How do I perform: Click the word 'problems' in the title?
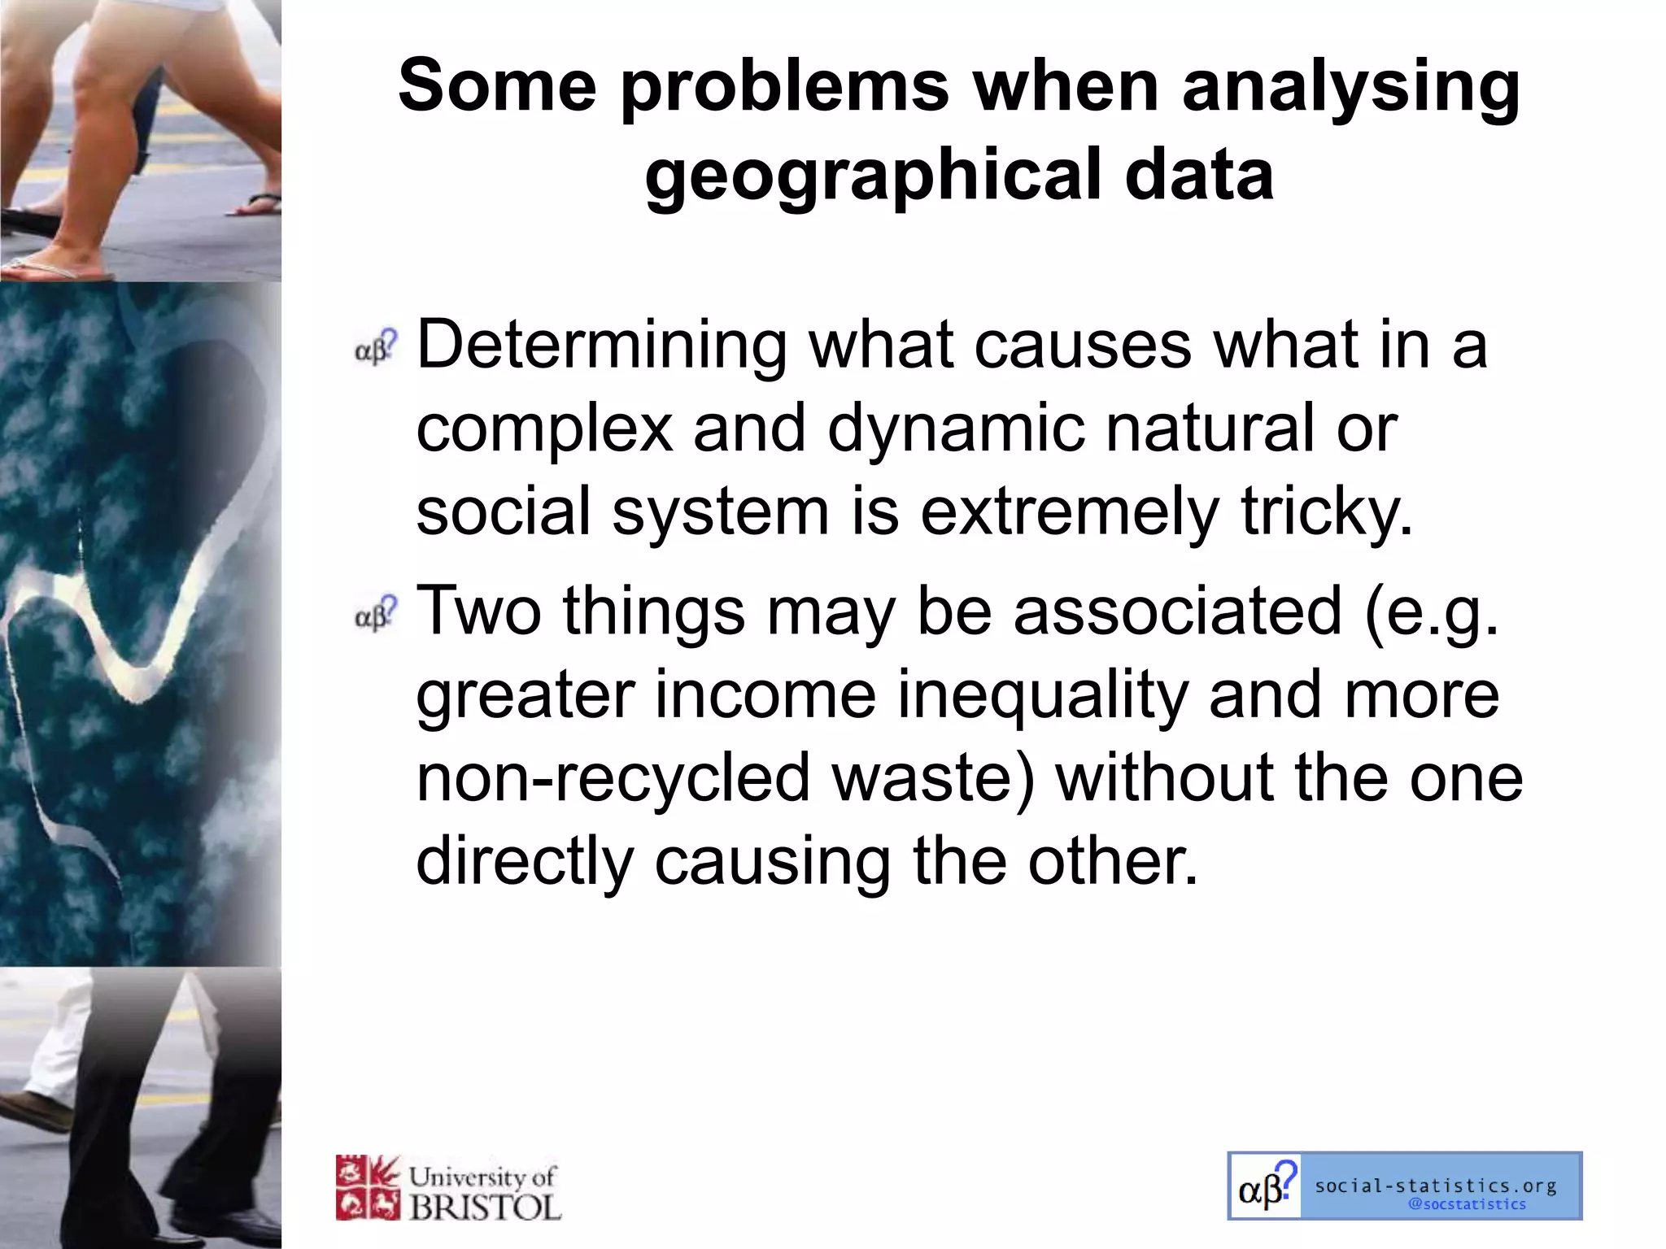[785, 88]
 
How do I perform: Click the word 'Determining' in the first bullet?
[601, 345]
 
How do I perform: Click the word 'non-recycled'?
[613, 777]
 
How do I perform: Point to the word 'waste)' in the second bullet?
[933, 777]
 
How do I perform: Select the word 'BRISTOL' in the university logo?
[486, 1207]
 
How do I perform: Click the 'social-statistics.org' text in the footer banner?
[1436, 1186]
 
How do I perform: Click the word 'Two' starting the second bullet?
[479, 611]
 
